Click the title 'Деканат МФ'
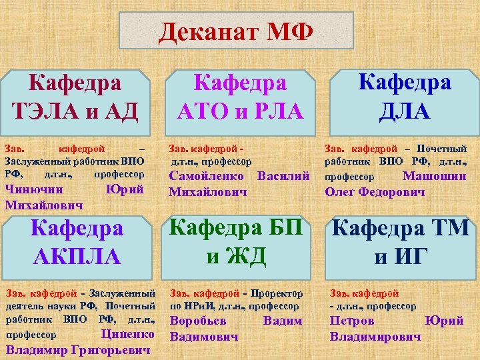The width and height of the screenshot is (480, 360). coord(235,33)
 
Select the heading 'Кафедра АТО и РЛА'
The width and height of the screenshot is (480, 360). coord(240,97)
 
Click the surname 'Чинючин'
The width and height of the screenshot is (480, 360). coord(31,190)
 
